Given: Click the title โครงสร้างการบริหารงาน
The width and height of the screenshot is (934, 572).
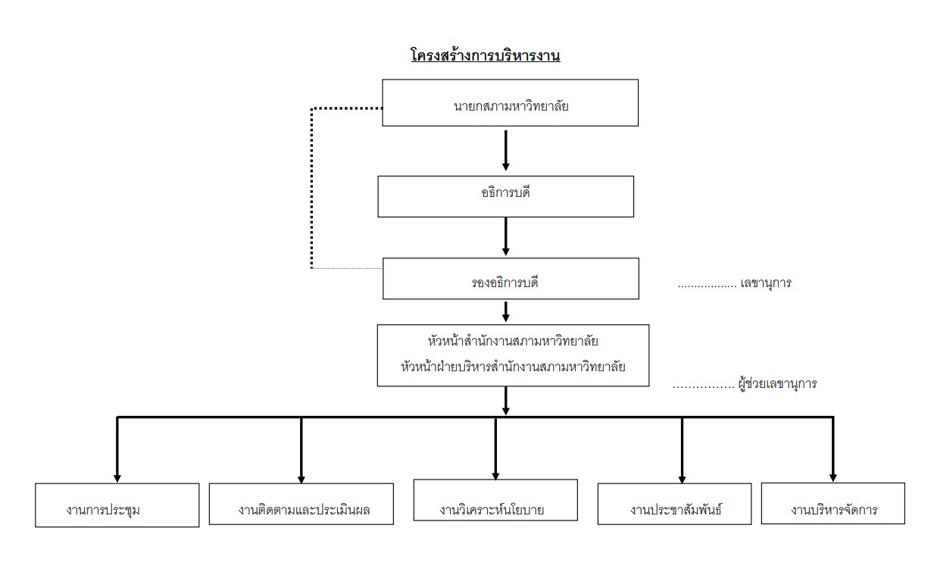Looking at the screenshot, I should tap(485, 55).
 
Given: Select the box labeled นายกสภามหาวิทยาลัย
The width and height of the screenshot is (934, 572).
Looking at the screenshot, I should tap(509, 103).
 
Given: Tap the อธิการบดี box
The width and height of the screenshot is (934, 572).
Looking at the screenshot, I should tap(505, 196).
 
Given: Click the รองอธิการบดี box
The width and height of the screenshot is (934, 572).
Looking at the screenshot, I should tap(510, 278).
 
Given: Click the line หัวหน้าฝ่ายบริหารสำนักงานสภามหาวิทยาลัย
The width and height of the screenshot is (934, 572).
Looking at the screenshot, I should tap(513, 367).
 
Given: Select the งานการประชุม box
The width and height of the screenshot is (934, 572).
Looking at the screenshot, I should tap(117, 505).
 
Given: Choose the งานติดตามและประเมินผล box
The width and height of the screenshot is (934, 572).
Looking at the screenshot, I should tap(301, 505).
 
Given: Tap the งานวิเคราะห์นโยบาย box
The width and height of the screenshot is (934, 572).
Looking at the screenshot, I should tap(495, 500).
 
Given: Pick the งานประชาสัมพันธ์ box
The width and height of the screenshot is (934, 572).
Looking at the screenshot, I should tap(674, 504).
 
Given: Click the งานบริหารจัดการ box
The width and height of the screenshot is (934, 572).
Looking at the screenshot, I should tap(832, 503).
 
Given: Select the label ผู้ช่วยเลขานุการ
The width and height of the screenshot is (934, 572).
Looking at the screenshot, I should tap(777, 383).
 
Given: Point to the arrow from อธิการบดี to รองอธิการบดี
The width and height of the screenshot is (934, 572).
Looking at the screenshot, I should tap(506, 237).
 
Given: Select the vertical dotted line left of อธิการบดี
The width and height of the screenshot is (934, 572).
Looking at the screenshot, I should tap(311, 189).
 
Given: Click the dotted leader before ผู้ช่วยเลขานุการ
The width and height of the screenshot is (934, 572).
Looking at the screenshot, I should tap(702, 384).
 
